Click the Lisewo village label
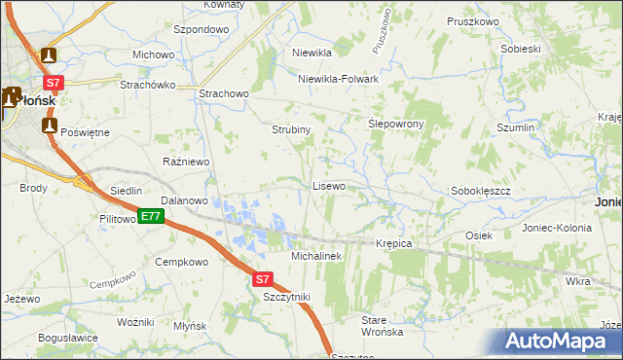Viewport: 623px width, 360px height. point(328,185)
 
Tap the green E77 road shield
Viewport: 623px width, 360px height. point(150,217)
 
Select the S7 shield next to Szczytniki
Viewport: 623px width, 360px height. point(261,279)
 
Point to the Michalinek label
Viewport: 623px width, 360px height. point(316,255)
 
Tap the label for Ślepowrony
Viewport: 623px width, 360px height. point(395,125)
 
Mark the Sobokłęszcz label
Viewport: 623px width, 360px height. point(481,192)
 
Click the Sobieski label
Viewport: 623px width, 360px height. point(520,49)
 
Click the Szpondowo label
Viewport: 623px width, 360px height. point(201,30)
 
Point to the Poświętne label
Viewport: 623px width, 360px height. point(85,131)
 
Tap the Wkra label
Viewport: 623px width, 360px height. point(577,281)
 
